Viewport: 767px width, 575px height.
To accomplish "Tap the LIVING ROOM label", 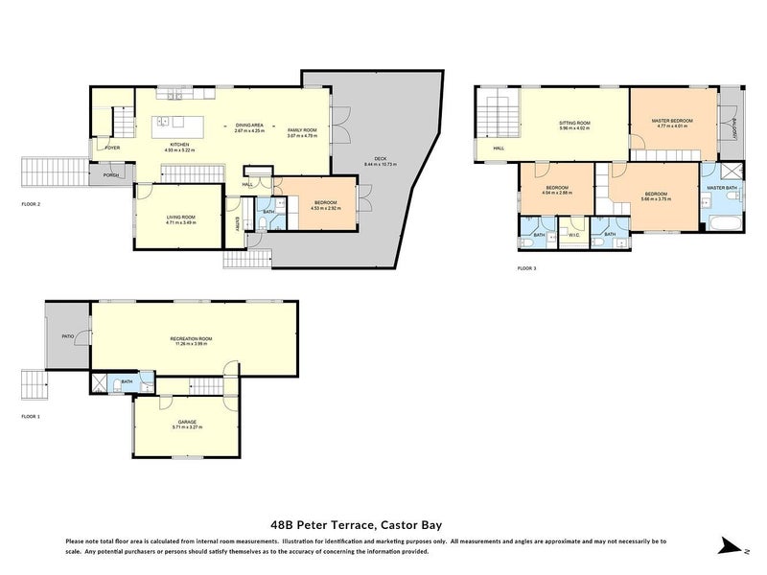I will click(180, 218).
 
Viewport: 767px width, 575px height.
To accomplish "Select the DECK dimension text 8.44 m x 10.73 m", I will click(380, 165).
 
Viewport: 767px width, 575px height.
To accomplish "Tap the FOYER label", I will click(112, 149).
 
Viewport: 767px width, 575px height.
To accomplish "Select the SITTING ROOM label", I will click(574, 123).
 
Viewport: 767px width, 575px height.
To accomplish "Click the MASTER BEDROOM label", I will click(671, 121).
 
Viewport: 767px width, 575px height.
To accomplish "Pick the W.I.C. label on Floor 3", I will click(572, 235).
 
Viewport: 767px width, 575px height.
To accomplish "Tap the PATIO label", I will click(68, 336).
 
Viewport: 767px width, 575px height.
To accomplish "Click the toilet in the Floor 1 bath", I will click(115, 385).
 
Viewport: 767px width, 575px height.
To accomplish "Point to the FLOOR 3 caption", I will click(526, 268).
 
